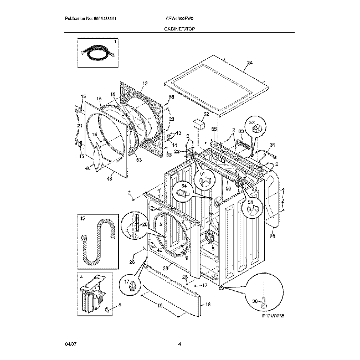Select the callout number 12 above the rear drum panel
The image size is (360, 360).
[x=145, y=84]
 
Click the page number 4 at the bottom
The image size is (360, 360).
[x=180, y=344]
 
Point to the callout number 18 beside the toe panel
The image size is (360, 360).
[x=208, y=304]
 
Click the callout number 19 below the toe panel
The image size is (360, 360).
[x=160, y=305]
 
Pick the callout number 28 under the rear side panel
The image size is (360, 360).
[x=272, y=236]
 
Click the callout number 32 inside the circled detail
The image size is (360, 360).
[x=251, y=122]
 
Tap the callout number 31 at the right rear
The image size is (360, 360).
[x=271, y=146]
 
